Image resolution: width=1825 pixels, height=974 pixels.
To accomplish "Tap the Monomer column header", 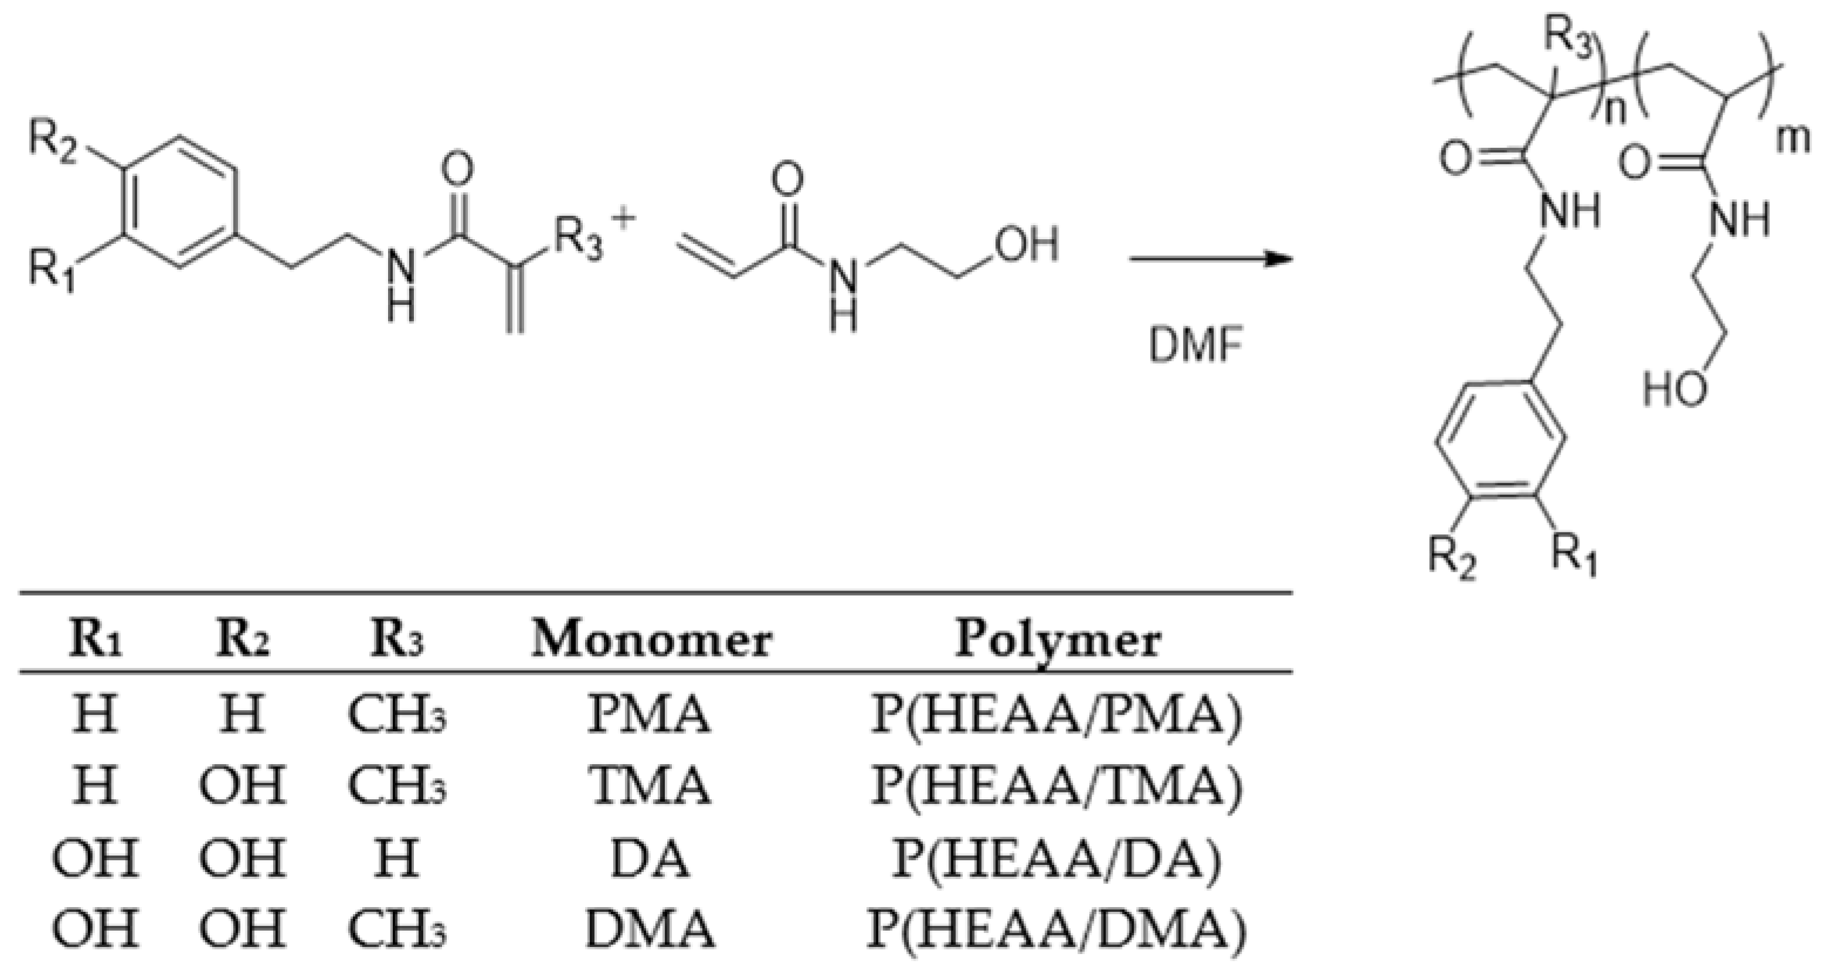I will [x=650, y=640].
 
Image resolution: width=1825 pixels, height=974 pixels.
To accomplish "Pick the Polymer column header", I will [x=1058, y=640].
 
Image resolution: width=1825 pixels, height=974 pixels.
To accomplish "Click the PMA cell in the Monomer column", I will [x=650, y=715].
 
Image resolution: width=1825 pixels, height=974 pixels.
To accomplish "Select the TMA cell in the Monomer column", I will [x=650, y=786].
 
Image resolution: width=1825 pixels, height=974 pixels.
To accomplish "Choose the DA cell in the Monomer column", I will [x=650, y=858].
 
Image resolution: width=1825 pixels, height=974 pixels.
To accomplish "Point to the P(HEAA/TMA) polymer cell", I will [x=1056, y=786].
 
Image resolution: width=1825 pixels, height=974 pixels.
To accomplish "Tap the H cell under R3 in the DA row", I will [x=397, y=858].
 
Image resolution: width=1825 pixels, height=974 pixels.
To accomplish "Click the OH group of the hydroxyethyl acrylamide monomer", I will [x=1027, y=245].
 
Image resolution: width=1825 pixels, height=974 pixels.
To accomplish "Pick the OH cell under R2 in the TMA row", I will [x=242, y=786].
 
